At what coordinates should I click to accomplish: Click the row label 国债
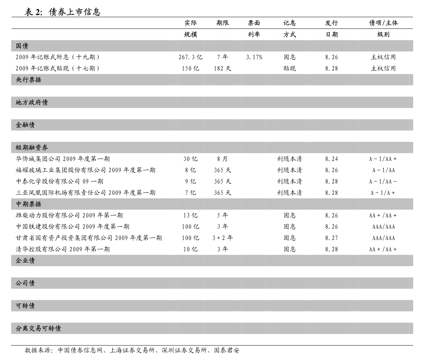pyautogui.click(x=22, y=46)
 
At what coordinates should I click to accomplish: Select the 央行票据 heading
pyautogui.click(x=28, y=80)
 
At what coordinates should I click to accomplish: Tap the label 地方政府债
pyautogui.click(x=32, y=102)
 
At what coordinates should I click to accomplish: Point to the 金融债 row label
pyautogui.click(x=25, y=125)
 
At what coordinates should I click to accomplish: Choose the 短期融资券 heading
pyautogui.click(x=32, y=147)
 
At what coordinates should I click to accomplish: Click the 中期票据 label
pyautogui.click(x=28, y=204)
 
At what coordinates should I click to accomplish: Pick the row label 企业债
pyautogui.click(x=25, y=261)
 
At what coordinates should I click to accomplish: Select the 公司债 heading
pyautogui.click(x=25, y=283)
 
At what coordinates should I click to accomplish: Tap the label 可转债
pyautogui.click(x=25, y=306)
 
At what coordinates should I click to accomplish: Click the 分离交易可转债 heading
pyautogui.click(x=38, y=328)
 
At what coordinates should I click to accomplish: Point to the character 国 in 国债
pyautogui.click(x=19, y=46)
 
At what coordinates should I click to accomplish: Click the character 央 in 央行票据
pyautogui.click(x=19, y=80)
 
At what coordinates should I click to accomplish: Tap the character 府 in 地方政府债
pyautogui.click(x=38, y=102)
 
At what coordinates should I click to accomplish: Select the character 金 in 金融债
pyautogui.click(x=19, y=125)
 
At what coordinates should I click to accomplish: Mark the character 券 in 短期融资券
pyautogui.click(x=45, y=147)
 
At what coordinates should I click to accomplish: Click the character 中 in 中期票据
pyautogui.click(x=19, y=204)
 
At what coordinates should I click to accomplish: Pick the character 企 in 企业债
pyautogui.click(x=19, y=261)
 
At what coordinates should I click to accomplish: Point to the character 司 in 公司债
pyautogui.click(x=25, y=283)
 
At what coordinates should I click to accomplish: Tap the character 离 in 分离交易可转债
pyautogui.click(x=25, y=328)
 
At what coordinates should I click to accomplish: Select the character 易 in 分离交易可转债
pyautogui.click(x=38, y=328)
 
